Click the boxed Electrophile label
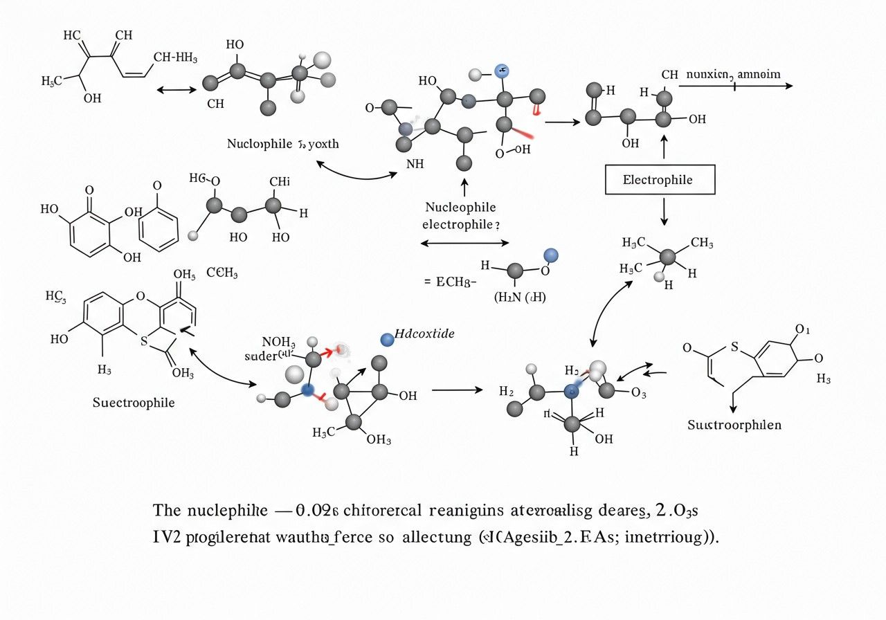658,181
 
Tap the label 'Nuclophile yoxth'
283,144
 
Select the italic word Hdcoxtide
424,334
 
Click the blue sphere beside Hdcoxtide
388,338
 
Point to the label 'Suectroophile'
134,402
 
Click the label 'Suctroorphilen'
734,424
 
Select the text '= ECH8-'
449,282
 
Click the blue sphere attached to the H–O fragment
551,255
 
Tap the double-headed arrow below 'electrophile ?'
464,243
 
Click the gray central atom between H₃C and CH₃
667,257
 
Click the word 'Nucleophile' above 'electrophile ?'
460,207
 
